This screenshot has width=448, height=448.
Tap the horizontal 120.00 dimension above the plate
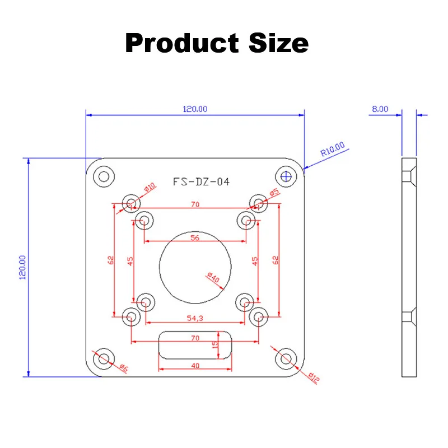coord(195,109)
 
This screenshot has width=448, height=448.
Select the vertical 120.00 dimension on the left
coord(23,268)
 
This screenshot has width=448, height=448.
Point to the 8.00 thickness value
coord(380,109)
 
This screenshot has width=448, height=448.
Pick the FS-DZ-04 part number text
coord(201,181)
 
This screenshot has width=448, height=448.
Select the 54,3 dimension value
coord(195,318)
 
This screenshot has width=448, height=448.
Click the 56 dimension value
coord(195,237)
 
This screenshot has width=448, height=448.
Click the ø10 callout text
coord(150,188)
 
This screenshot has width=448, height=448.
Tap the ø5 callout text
coord(274,193)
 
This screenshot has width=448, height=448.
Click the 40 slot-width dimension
coord(195,365)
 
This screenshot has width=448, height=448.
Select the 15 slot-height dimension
coord(215,344)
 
